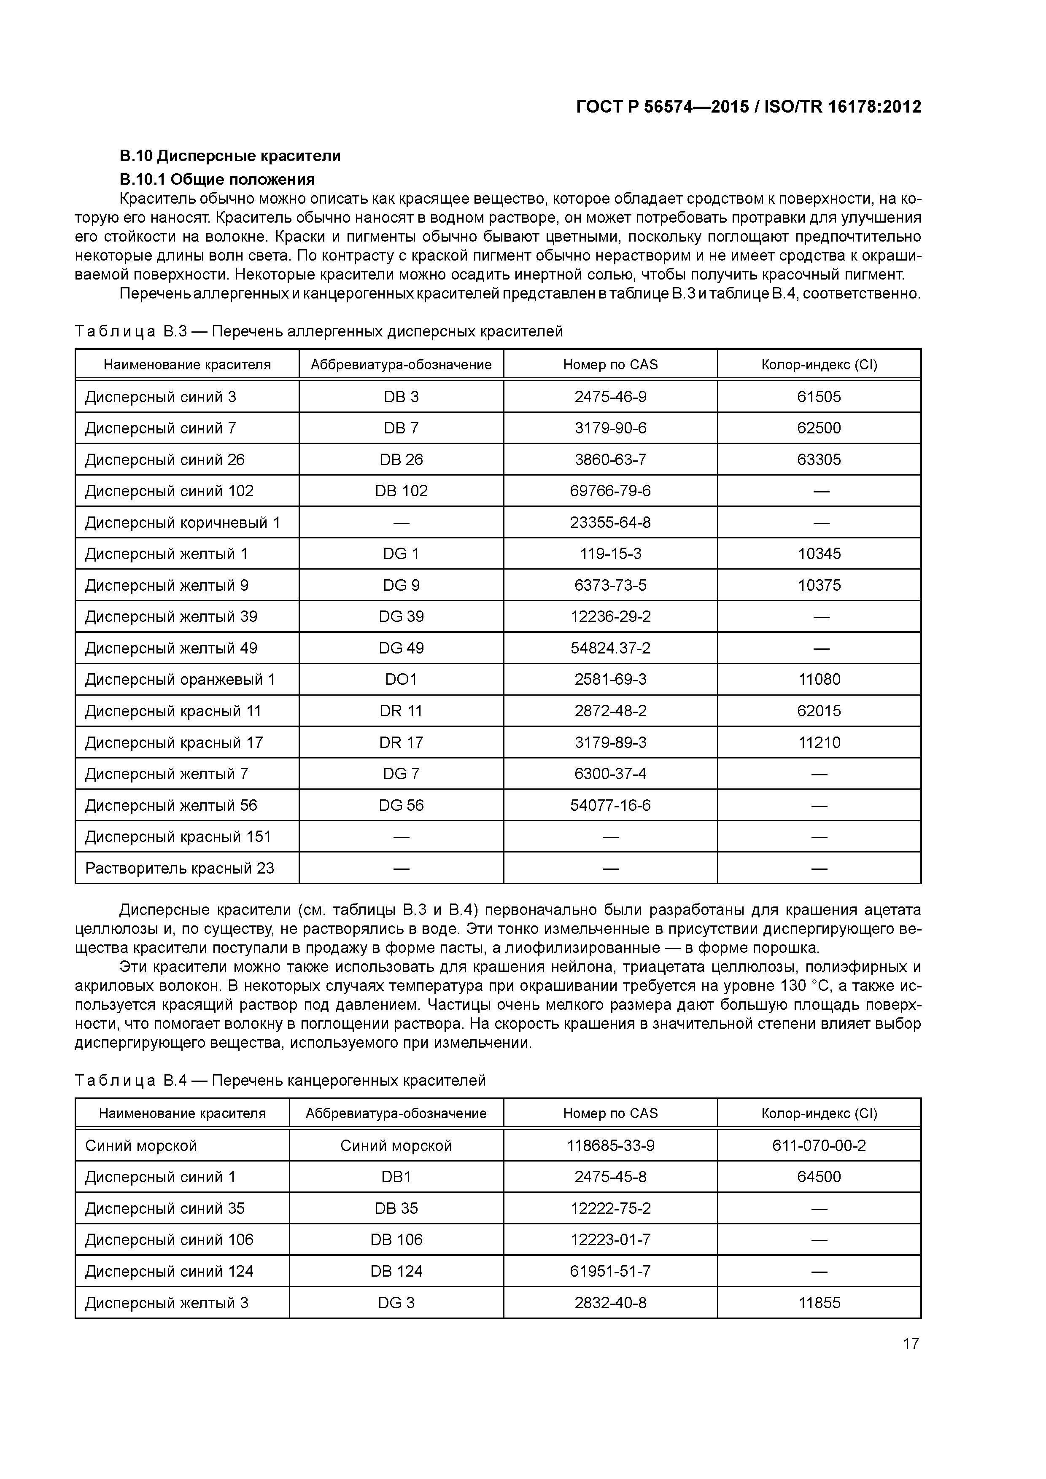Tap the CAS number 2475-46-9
tap(610, 397)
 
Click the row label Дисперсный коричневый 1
tap(182, 522)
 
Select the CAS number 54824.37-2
tap(610, 648)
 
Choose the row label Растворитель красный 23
tap(179, 869)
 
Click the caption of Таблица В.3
tap(318, 331)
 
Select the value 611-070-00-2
tap(819, 1146)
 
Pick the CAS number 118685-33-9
tap(610, 1146)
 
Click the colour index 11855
tap(819, 1302)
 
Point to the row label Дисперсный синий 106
tap(169, 1240)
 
